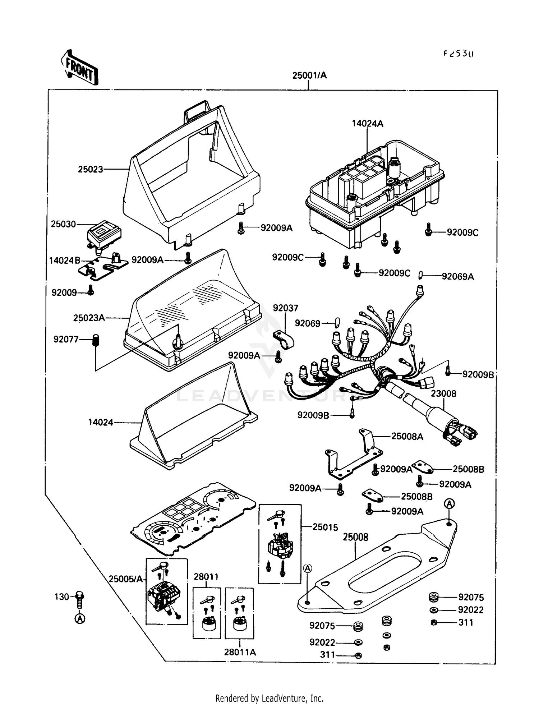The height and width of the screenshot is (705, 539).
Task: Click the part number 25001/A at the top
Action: (309, 75)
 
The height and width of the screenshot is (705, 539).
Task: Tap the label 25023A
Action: (89, 318)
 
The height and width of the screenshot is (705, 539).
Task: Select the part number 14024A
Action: (367, 124)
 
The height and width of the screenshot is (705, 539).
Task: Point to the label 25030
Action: (63, 224)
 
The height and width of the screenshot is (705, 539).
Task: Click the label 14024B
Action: (65, 261)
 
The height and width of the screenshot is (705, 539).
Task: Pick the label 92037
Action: (285, 308)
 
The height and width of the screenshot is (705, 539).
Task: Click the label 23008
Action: (443, 393)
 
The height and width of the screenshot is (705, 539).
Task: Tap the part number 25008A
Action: (407, 437)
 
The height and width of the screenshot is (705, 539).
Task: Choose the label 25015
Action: (325, 527)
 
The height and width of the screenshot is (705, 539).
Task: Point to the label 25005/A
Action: (126, 579)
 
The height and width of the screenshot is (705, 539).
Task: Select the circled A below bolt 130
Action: (80, 619)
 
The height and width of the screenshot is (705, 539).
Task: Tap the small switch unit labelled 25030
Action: (104, 234)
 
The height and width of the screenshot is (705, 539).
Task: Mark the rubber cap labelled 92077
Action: (96, 340)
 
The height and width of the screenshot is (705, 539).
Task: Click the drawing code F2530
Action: (458, 54)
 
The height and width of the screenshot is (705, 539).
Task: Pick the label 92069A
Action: (457, 277)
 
